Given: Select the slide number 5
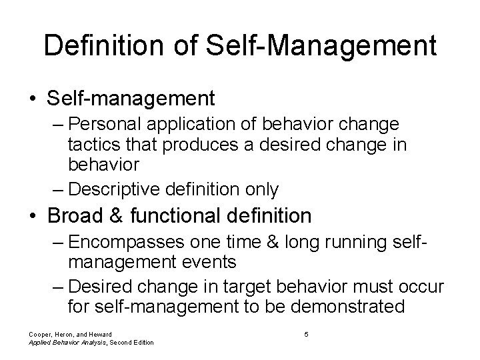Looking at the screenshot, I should tap(306, 334).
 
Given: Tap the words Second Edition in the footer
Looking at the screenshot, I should tap(131, 343).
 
